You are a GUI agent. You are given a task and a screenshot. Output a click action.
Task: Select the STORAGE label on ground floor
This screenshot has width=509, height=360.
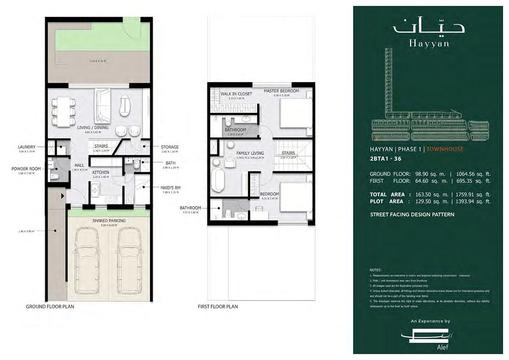click(170, 147)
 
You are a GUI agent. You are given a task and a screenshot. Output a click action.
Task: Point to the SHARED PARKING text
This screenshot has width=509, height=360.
click(109, 220)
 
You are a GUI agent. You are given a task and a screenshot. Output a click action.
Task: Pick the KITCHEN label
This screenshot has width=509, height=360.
click(101, 172)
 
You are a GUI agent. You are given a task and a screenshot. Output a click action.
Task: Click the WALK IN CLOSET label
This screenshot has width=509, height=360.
click(236, 94)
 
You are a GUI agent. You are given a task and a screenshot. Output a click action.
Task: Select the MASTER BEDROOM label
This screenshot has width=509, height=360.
click(281, 91)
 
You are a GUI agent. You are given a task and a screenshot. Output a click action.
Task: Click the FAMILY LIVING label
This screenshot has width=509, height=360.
click(250, 153)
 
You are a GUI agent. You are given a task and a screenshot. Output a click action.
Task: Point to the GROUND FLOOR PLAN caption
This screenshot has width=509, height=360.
click(50, 306)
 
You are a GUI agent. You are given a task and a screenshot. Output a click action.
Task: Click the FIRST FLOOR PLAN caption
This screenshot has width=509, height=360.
click(218, 306)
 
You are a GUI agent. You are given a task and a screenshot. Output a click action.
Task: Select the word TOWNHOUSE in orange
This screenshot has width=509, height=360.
click(445, 149)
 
